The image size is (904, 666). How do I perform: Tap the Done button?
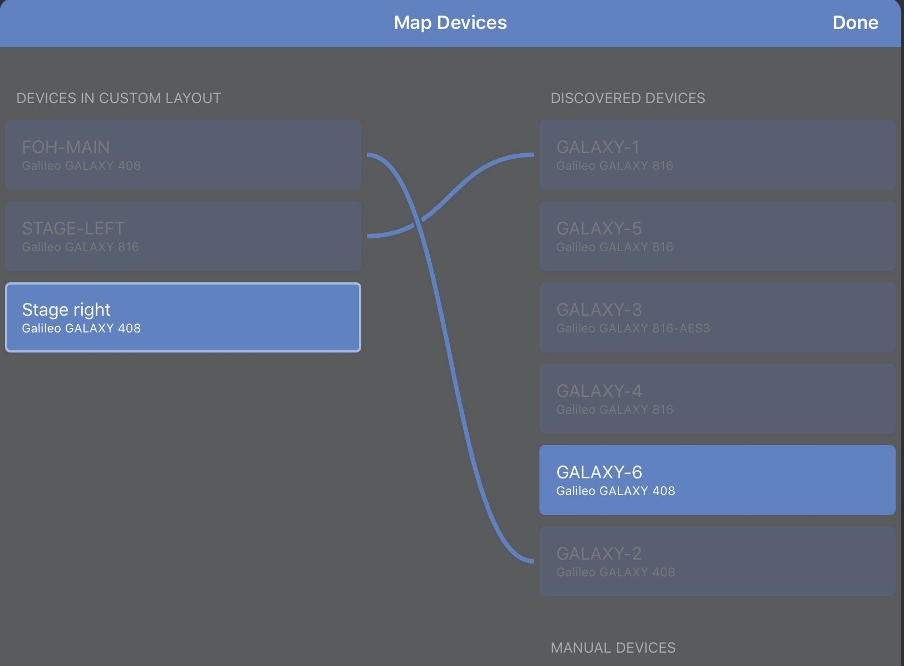click(x=855, y=23)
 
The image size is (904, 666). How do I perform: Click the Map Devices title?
click(x=450, y=23)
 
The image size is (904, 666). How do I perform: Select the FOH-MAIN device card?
click(x=183, y=154)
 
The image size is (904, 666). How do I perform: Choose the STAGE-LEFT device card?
click(x=183, y=236)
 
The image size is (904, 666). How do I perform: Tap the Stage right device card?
click(x=183, y=317)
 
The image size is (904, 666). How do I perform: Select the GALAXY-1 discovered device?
click(x=717, y=154)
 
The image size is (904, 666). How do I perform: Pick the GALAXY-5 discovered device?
click(x=717, y=236)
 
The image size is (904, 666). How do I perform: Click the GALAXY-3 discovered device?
click(x=717, y=317)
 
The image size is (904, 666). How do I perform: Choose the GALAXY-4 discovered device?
click(x=717, y=399)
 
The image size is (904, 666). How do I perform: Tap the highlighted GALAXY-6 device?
click(x=717, y=480)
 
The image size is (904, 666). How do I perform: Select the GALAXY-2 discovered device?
click(x=717, y=561)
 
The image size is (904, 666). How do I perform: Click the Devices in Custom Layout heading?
click(x=119, y=99)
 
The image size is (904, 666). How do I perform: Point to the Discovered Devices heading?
click(x=627, y=99)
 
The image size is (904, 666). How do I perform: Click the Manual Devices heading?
click(x=613, y=648)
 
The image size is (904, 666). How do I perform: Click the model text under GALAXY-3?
click(x=633, y=329)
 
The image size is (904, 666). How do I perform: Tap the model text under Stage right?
click(x=81, y=329)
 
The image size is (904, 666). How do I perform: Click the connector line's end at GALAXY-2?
click(x=532, y=561)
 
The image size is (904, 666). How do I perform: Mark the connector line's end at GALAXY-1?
click(x=532, y=155)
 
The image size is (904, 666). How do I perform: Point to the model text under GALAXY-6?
click(x=615, y=491)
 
